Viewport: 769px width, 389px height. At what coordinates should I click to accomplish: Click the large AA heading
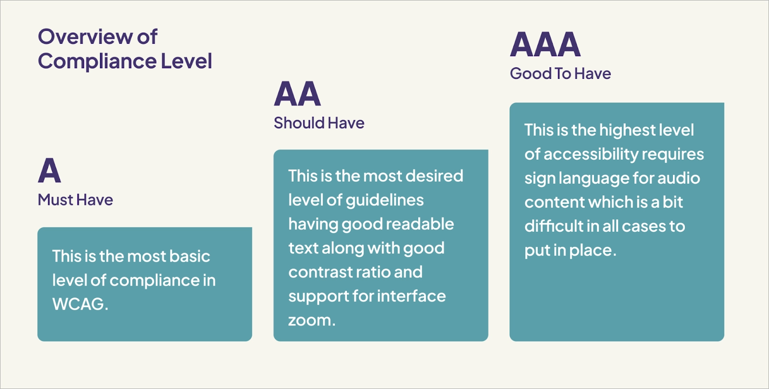[298, 93]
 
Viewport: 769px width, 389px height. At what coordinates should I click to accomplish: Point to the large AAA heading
[545, 44]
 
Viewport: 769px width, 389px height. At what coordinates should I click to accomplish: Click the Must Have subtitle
[75, 200]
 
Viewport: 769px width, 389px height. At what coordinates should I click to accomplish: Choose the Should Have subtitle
[319, 123]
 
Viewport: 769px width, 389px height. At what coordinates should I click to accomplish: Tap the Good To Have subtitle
[560, 74]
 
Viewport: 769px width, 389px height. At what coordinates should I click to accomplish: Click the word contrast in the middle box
[320, 272]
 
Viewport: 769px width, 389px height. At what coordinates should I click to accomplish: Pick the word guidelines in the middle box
[384, 200]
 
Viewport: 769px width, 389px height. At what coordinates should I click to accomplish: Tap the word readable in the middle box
[420, 224]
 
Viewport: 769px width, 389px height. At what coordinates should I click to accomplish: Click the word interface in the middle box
[411, 296]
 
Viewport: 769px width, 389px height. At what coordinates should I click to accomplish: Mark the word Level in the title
[186, 61]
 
